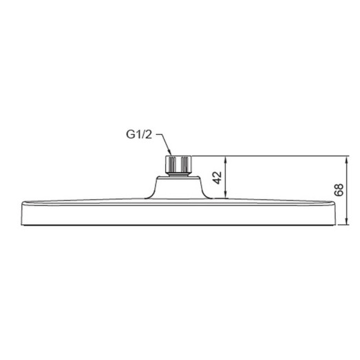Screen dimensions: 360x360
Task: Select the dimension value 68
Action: tap(337, 190)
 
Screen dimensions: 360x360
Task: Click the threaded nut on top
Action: tap(178, 165)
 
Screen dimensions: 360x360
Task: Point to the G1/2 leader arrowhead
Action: tap(170, 153)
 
